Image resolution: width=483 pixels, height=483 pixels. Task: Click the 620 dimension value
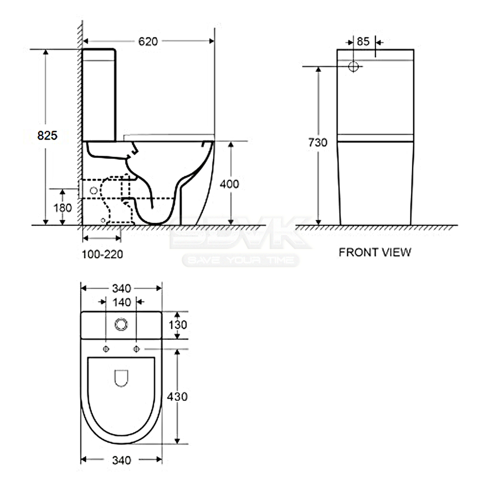click(x=148, y=42)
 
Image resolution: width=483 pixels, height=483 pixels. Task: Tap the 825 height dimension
click(x=47, y=135)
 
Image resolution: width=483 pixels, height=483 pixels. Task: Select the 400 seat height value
click(x=229, y=184)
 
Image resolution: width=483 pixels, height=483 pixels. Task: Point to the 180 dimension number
click(x=63, y=208)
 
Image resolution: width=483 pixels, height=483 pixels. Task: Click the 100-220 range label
click(x=102, y=254)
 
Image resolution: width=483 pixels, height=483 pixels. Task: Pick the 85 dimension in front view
click(x=363, y=42)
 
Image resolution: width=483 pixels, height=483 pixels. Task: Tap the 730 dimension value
click(x=317, y=142)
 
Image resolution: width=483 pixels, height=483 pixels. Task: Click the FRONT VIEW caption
click(x=375, y=252)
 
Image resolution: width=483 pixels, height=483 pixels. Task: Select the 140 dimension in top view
click(x=122, y=302)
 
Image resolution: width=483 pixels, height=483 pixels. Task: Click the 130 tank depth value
click(x=178, y=325)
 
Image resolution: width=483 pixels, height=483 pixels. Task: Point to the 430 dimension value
click(x=177, y=396)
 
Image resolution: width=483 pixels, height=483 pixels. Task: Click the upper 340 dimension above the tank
click(x=122, y=289)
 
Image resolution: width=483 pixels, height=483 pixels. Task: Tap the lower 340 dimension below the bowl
click(x=122, y=460)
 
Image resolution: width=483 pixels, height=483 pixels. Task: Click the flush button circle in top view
click(x=121, y=325)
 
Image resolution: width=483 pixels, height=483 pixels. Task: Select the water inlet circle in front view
click(x=353, y=66)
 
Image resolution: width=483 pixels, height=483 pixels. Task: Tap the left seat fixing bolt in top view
click(x=106, y=349)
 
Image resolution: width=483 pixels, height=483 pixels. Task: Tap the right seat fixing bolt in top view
click(x=136, y=349)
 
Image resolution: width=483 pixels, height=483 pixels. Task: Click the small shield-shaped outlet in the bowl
click(x=121, y=378)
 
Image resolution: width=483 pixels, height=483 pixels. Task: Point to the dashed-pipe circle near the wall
click(x=94, y=191)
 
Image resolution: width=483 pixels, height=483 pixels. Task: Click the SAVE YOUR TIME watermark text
click(x=241, y=260)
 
